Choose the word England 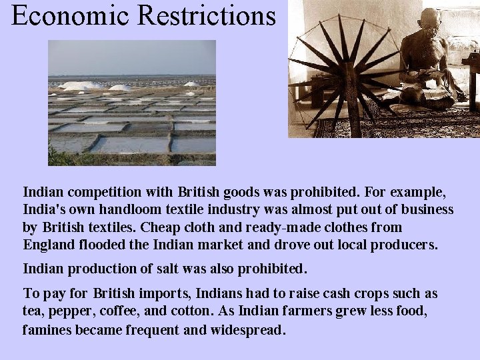pyautogui.click(x=49, y=245)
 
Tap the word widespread pyautogui.click(x=248, y=329)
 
